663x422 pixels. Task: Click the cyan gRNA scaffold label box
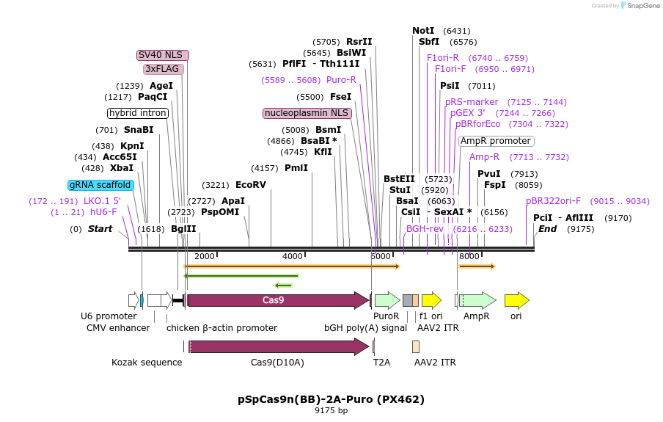[x=101, y=185]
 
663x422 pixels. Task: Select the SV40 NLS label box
[x=163, y=55]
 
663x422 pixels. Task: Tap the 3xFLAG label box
[x=163, y=69]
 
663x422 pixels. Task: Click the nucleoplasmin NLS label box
[x=307, y=113]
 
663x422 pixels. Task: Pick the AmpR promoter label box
[x=496, y=141]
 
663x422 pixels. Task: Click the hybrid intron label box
[x=138, y=113]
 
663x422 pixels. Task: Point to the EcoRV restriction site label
[x=251, y=185]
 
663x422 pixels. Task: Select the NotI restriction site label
[x=423, y=31]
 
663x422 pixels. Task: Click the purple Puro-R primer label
[x=341, y=80]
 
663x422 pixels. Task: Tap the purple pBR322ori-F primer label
[x=553, y=200]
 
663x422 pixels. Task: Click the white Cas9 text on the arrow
[x=273, y=300]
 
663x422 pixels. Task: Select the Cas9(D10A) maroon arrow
[x=279, y=346]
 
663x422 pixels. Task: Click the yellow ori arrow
[x=516, y=300]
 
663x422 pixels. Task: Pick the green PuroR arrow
[x=387, y=300]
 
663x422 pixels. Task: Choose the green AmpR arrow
[x=477, y=300]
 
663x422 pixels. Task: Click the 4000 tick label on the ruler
[x=292, y=256]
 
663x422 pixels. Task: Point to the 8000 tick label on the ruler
[x=469, y=256]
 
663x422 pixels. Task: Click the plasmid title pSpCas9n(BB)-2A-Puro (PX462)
[x=331, y=399]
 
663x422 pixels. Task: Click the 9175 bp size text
[x=331, y=411]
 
